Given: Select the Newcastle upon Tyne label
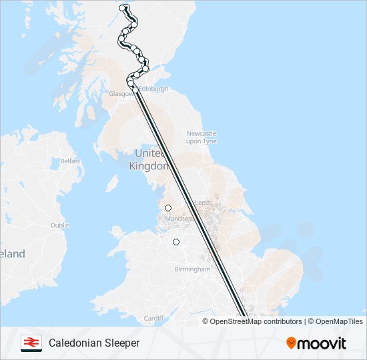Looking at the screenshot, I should [x=202, y=137].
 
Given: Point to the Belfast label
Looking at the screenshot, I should [x=70, y=161].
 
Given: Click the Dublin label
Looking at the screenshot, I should [x=60, y=225].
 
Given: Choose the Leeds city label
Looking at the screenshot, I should [x=203, y=202].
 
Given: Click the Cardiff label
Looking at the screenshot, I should [x=153, y=318].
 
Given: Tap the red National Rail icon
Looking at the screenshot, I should [x=31, y=343].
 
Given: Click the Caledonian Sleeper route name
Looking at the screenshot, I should [x=94, y=343].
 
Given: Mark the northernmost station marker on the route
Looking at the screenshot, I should [x=123, y=8].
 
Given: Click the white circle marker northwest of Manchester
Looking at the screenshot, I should [x=168, y=208].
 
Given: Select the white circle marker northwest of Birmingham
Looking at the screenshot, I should [x=176, y=242].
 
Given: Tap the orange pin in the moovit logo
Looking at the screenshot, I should [x=291, y=343].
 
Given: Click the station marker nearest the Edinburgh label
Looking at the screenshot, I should [x=135, y=89].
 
